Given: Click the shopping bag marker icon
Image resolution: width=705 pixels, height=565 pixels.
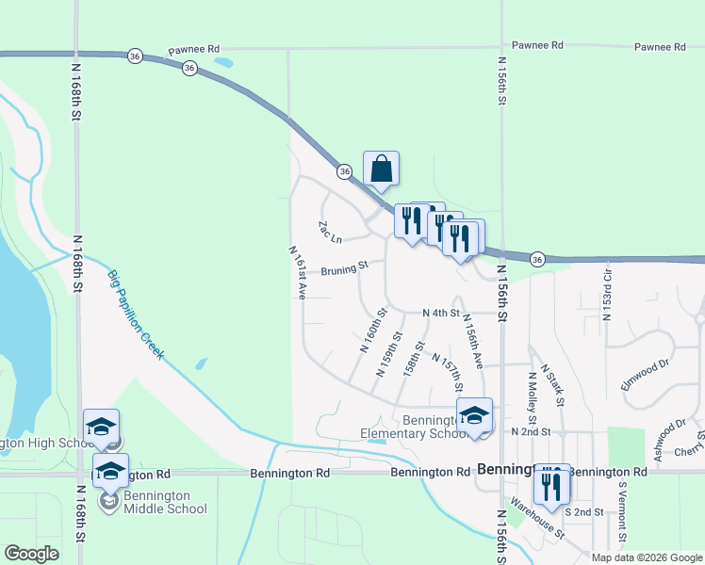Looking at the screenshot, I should (381, 169).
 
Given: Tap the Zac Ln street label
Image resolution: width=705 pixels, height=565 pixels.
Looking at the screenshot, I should (329, 230).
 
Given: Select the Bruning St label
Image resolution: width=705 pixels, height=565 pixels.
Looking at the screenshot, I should (344, 270).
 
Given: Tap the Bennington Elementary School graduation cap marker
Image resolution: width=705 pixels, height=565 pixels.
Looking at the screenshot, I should (474, 415).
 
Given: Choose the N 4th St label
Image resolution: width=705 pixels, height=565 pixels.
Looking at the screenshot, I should (441, 313).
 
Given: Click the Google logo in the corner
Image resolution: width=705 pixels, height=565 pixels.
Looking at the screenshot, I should (31, 554).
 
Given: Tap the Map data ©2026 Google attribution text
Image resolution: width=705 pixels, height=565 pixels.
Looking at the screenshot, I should (647, 557).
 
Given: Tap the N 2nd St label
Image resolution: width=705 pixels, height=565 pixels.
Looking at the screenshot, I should (530, 431).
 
